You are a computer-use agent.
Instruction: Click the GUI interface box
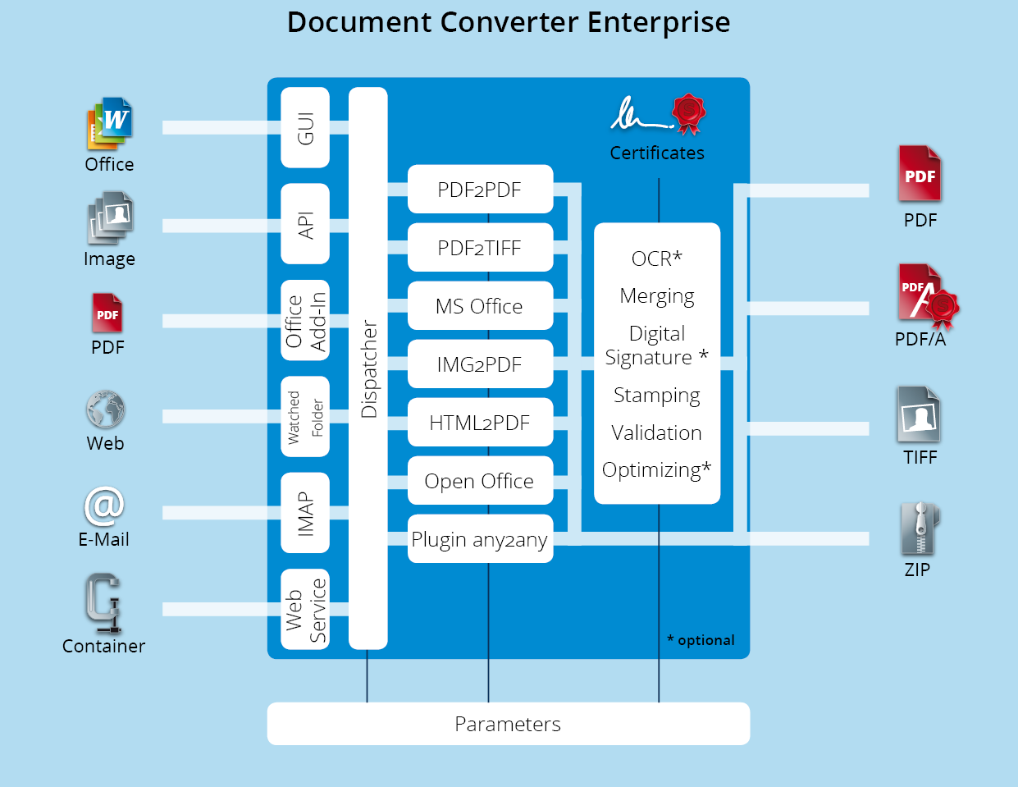305,127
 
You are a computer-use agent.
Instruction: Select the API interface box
305,224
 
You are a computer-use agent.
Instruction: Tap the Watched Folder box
305,416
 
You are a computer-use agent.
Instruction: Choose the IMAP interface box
305,513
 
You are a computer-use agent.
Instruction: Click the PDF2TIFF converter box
480,247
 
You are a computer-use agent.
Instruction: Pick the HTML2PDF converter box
480,422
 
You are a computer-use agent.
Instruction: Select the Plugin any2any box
480,538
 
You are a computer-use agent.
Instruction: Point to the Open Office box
480,481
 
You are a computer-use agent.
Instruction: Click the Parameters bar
509,724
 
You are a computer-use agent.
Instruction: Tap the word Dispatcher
369,368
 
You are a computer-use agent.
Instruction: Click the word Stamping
657,396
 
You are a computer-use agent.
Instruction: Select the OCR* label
657,259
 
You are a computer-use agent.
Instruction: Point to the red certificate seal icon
689,113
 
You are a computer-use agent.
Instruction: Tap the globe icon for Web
105,409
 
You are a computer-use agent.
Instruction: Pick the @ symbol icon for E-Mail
104,506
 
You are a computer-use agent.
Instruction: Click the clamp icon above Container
103,603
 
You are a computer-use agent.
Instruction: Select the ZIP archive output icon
920,528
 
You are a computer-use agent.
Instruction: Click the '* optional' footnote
701,640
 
